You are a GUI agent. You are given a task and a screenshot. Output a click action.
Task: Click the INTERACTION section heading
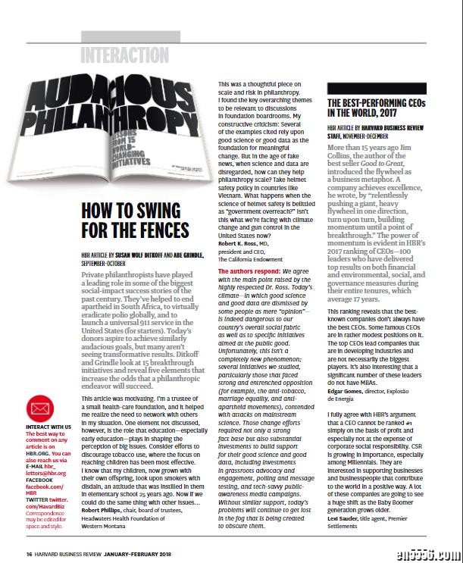click(x=124, y=55)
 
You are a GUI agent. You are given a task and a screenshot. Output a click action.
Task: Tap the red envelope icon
click(x=40, y=411)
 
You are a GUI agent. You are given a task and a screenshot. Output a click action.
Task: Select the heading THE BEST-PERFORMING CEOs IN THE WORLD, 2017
click(x=376, y=108)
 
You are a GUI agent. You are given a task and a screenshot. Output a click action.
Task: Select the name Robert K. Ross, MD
click(x=242, y=245)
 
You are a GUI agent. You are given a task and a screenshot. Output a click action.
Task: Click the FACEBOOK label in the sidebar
click(x=39, y=480)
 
